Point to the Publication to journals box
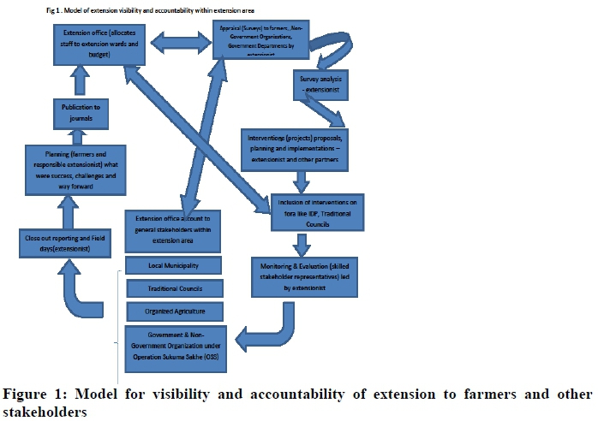79,112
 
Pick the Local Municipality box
174,265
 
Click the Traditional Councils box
174,288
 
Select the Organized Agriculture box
174,311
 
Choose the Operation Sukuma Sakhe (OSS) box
176,349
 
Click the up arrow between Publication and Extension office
80,83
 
